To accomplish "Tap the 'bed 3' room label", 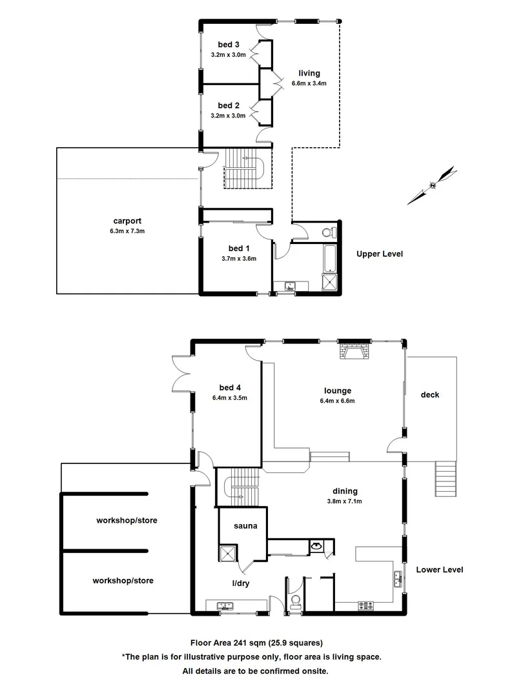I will coord(229,45).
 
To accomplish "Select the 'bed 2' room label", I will coord(229,105).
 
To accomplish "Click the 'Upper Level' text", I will coord(380,254).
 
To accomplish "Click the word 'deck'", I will coord(429,394).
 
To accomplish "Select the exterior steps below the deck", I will coord(446,480).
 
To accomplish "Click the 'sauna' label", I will coord(245,526).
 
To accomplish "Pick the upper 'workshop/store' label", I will coord(127,520).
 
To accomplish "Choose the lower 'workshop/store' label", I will coord(123,581).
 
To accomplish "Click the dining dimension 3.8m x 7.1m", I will coord(342,501).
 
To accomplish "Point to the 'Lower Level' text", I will coord(439,570).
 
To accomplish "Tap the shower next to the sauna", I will coord(227,553).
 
